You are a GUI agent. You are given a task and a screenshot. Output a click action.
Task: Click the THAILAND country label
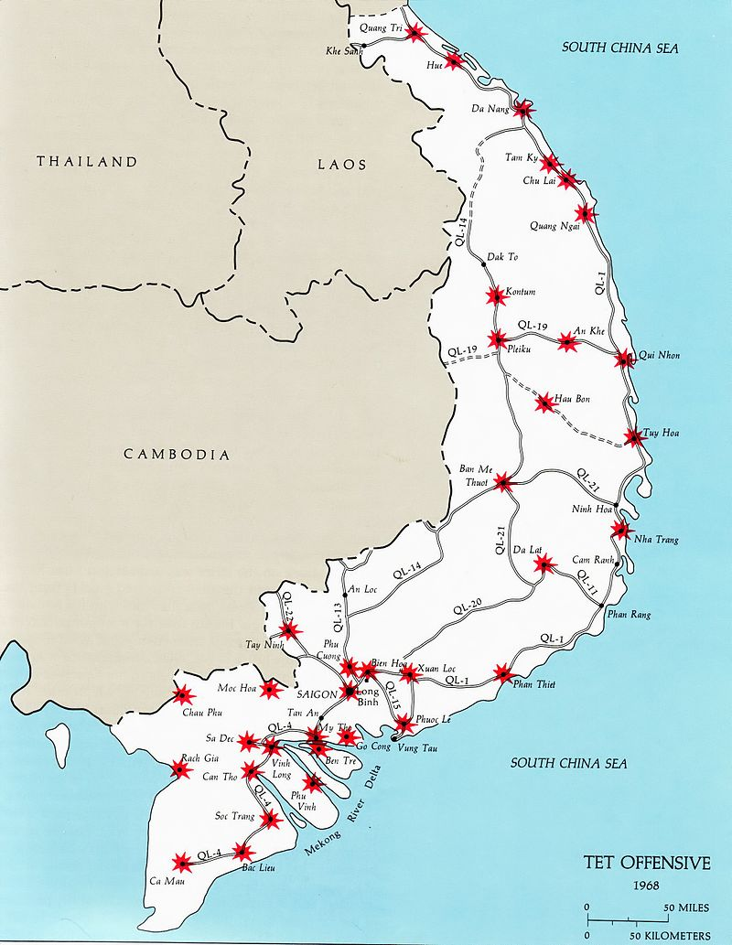(x=87, y=162)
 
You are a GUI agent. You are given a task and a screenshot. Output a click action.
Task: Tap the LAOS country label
(x=341, y=165)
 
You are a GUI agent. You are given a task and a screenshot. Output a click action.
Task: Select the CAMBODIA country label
(x=177, y=454)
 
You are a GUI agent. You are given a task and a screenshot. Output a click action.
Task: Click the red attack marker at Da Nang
(x=523, y=110)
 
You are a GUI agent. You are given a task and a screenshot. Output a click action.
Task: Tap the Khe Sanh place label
(x=343, y=51)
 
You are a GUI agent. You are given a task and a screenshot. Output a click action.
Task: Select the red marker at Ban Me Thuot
(x=503, y=482)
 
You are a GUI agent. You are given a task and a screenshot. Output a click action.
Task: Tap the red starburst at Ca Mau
(x=182, y=862)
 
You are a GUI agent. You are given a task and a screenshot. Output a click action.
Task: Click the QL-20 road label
(x=467, y=607)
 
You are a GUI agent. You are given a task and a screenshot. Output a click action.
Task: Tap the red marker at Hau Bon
(x=545, y=403)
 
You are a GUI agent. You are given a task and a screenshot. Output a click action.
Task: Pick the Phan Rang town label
(x=629, y=615)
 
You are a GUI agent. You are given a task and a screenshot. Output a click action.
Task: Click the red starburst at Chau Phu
(x=181, y=696)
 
